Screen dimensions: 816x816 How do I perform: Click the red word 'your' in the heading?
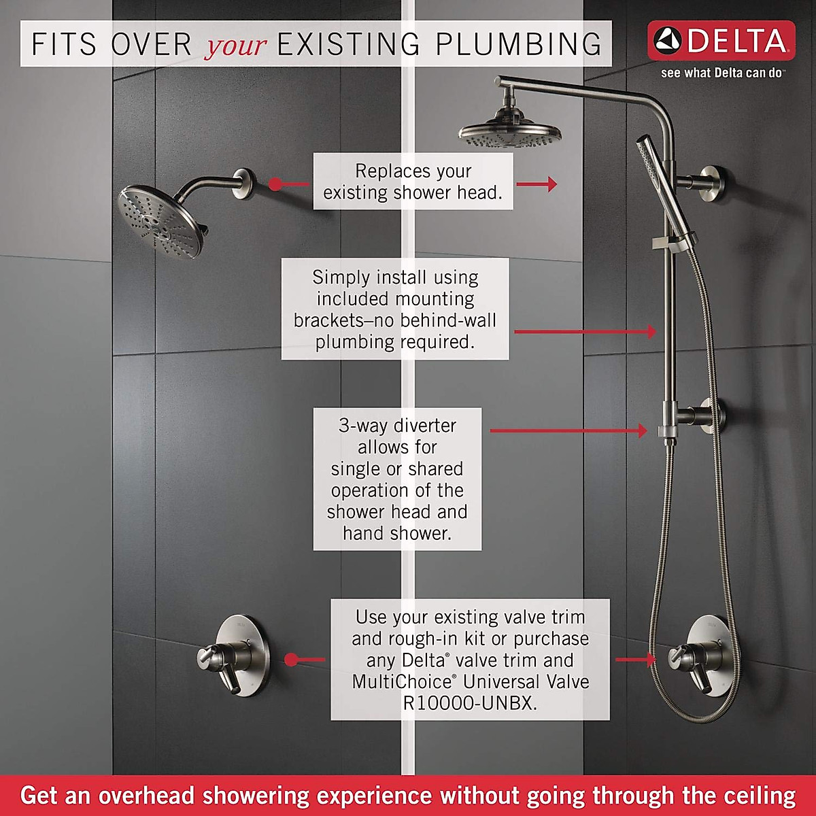pos(236,46)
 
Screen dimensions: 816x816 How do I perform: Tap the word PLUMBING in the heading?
pos(518,44)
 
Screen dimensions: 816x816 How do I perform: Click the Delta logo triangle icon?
pos(667,41)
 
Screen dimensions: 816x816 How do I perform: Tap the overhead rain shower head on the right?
pos(510,133)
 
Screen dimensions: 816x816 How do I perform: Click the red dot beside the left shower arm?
pos(275,184)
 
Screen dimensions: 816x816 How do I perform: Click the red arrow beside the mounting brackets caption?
pos(585,332)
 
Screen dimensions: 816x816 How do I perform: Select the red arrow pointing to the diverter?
pos(568,430)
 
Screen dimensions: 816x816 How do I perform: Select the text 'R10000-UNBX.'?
pos(470,703)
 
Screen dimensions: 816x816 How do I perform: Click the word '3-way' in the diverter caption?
pos(362,426)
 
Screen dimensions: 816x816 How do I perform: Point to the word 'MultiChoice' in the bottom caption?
pos(401,681)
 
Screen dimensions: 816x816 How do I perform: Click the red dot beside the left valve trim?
pos(291,660)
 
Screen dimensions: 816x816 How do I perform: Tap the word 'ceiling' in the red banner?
pos(759,795)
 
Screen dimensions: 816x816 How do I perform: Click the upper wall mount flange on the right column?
pos(713,184)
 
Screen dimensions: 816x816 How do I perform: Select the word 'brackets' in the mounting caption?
pos(328,320)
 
